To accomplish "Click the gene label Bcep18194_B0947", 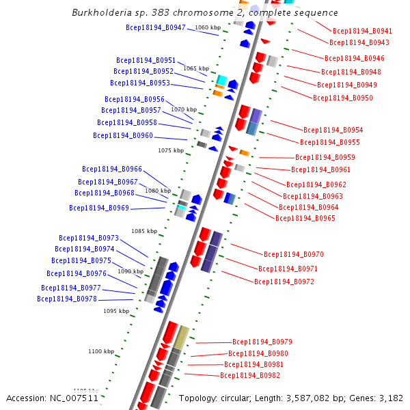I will point(156,27).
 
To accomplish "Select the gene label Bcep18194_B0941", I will point(362,31).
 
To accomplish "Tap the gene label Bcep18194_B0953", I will point(140,83).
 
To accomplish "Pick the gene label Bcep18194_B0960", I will point(123,135).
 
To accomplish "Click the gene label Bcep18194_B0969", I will point(99,208).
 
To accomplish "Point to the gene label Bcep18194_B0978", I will point(67,299).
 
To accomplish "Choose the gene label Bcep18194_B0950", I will point(343,98).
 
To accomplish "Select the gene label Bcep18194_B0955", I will point(329,142).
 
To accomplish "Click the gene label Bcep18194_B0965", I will point(305,218).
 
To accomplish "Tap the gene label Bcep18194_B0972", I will point(284,282).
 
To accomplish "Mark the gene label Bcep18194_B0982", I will point(250,375).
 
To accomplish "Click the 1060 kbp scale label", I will point(208,27).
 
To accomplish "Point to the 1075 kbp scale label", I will point(171,150).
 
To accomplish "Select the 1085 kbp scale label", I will point(144,231).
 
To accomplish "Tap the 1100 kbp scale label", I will point(101,351).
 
